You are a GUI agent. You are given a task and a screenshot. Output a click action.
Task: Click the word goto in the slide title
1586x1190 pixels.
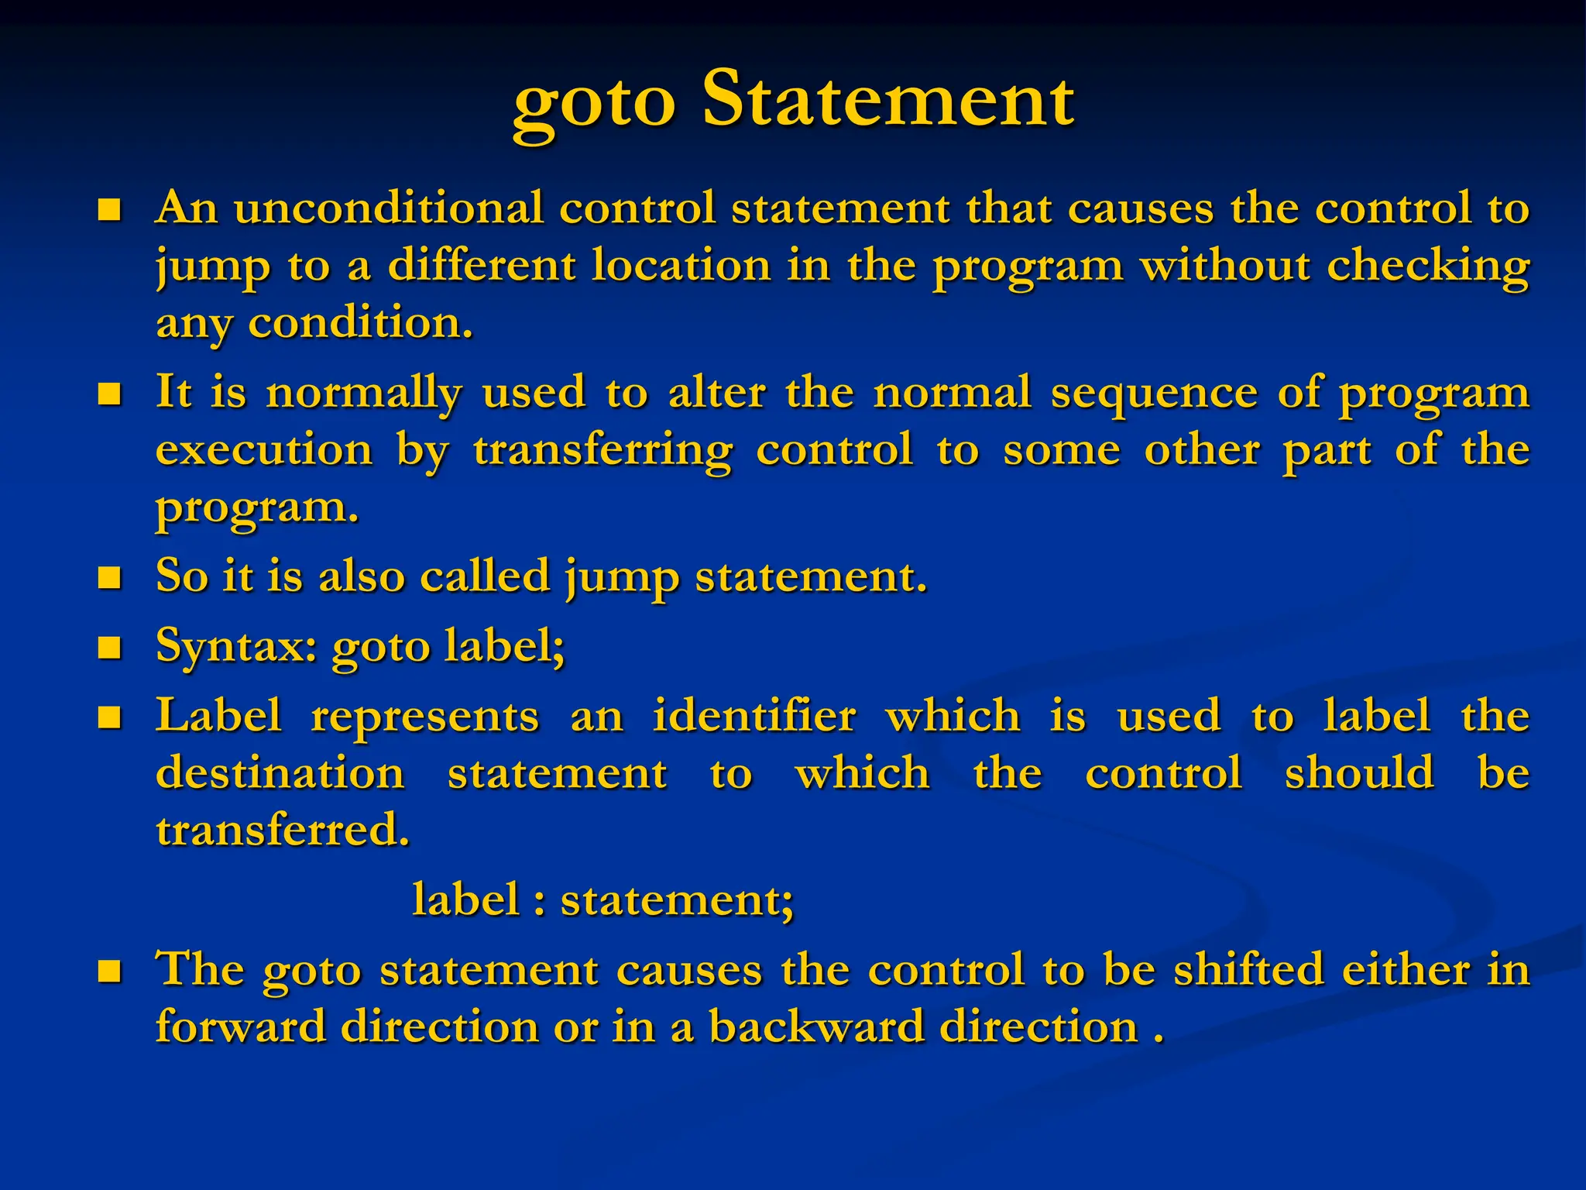[593, 104]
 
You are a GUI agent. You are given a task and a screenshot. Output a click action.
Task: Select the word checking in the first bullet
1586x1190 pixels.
[1428, 267]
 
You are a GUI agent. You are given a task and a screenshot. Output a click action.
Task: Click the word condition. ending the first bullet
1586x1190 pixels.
[360, 323]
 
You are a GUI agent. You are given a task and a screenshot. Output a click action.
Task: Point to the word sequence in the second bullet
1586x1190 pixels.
[1154, 392]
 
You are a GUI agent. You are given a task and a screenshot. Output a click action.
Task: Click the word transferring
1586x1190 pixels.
[602, 451]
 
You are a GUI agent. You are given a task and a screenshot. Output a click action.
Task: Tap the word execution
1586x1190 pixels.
[264, 450]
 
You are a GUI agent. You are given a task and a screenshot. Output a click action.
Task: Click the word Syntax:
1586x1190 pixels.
[236, 646]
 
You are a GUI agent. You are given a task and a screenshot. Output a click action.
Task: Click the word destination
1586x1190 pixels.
[280, 773]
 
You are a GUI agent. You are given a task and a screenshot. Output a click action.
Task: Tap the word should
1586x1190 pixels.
[1359, 772]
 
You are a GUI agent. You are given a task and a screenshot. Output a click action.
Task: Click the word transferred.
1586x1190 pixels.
[283, 831]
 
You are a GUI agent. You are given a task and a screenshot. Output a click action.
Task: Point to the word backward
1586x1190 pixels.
[816, 1027]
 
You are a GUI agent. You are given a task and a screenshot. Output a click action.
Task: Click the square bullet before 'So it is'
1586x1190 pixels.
[110, 578]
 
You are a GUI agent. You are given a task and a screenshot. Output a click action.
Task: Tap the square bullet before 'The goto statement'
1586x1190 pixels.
[110, 971]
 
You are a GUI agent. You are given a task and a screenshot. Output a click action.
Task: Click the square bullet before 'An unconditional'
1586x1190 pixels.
[110, 210]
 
